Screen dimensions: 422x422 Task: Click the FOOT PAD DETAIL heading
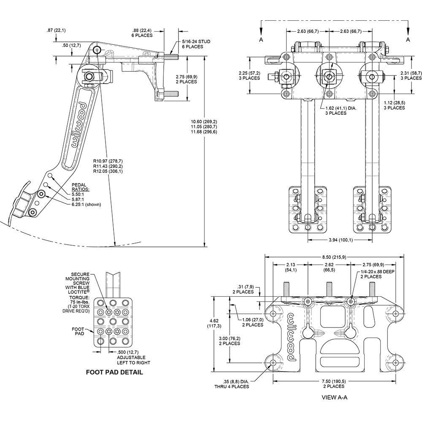tap(114, 372)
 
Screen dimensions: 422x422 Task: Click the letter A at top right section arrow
tap(408, 39)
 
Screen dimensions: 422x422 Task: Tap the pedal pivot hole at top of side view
tap(97, 50)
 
